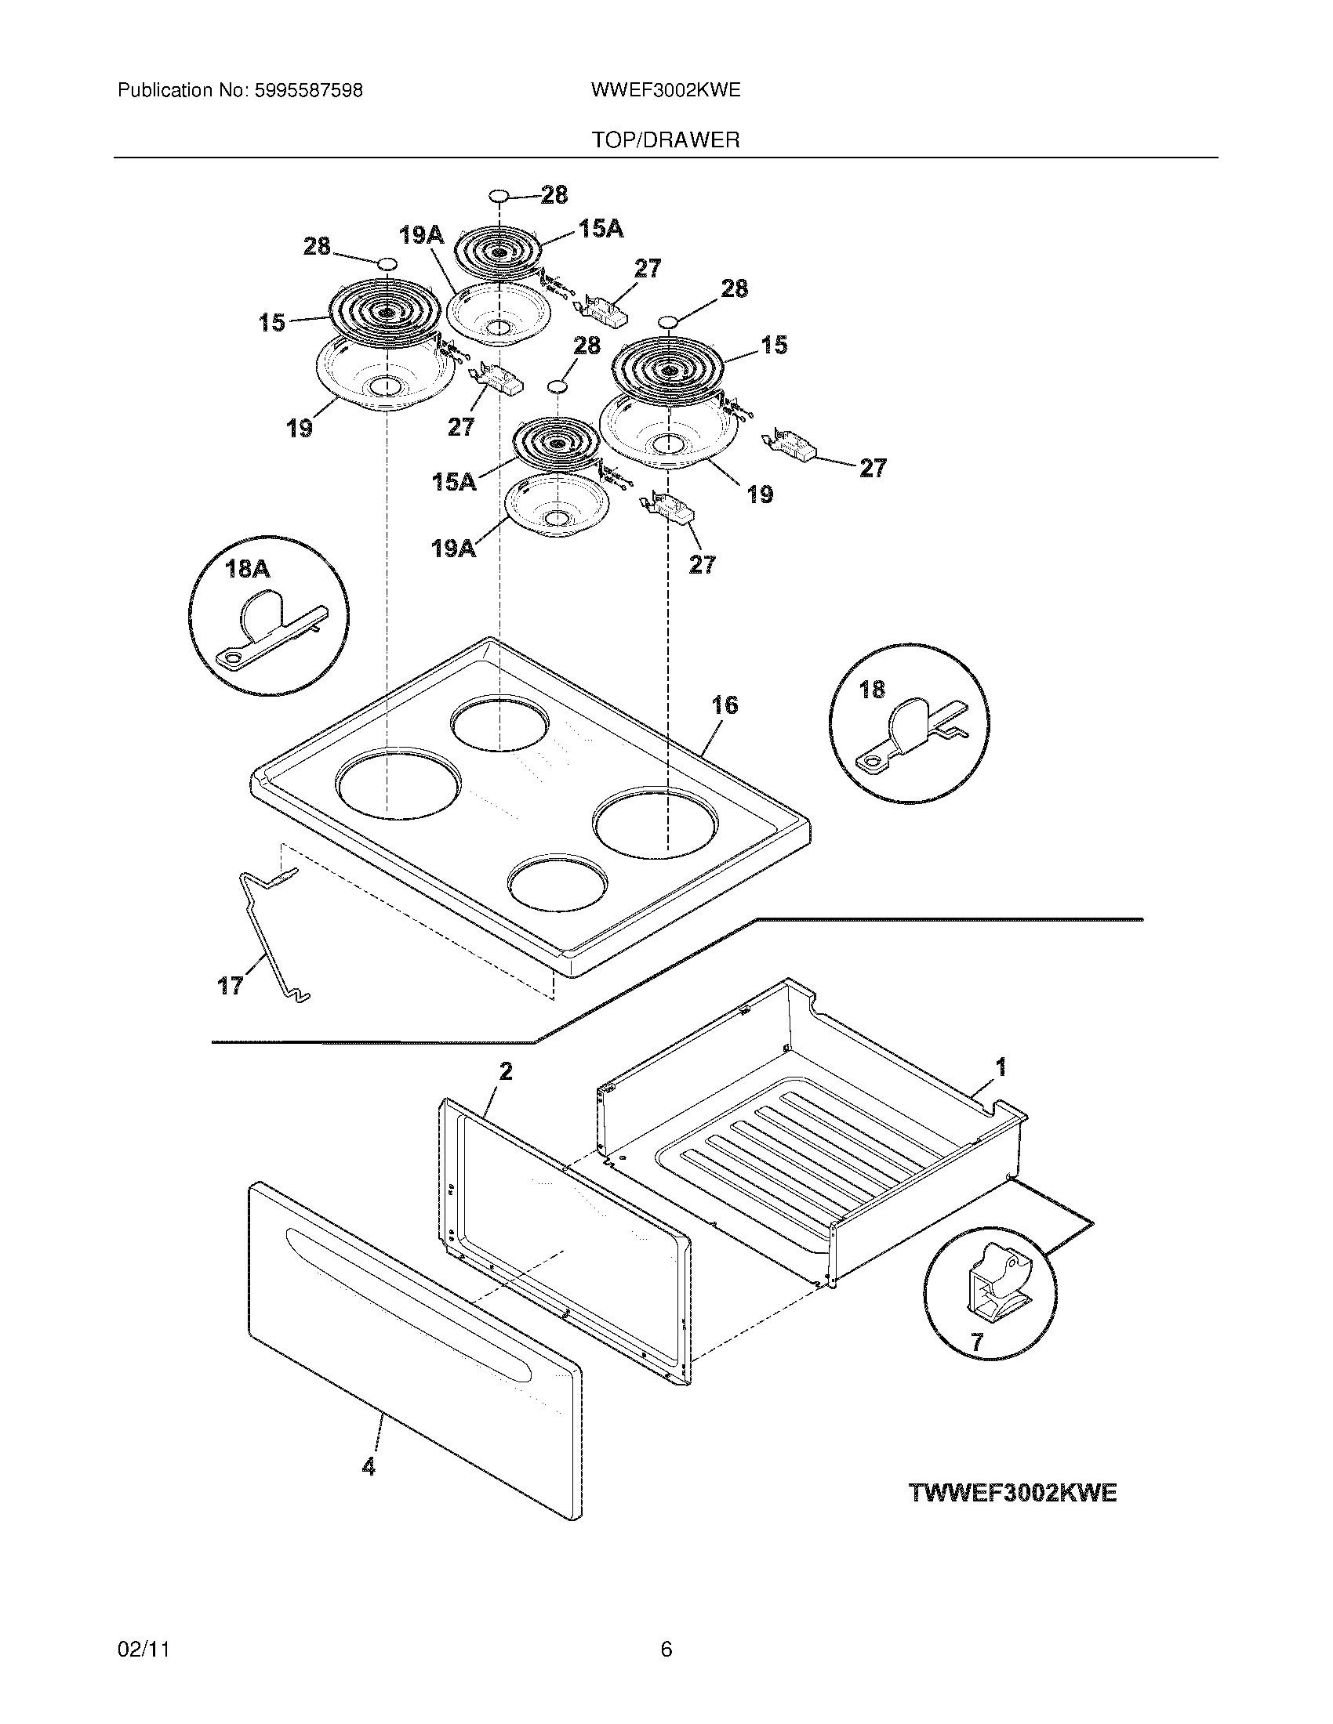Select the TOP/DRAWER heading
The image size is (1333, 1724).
(x=666, y=140)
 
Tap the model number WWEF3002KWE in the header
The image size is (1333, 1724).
(x=665, y=91)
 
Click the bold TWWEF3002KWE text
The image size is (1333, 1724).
(x=1013, y=1493)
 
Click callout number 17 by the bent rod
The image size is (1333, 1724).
(x=231, y=985)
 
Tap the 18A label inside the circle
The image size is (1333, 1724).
(x=248, y=568)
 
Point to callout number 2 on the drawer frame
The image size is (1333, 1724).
(x=506, y=1071)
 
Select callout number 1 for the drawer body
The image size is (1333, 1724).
(x=1001, y=1068)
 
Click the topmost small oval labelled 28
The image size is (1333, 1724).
(x=498, y=194)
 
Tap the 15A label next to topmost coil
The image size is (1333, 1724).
(x=600, y=229)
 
